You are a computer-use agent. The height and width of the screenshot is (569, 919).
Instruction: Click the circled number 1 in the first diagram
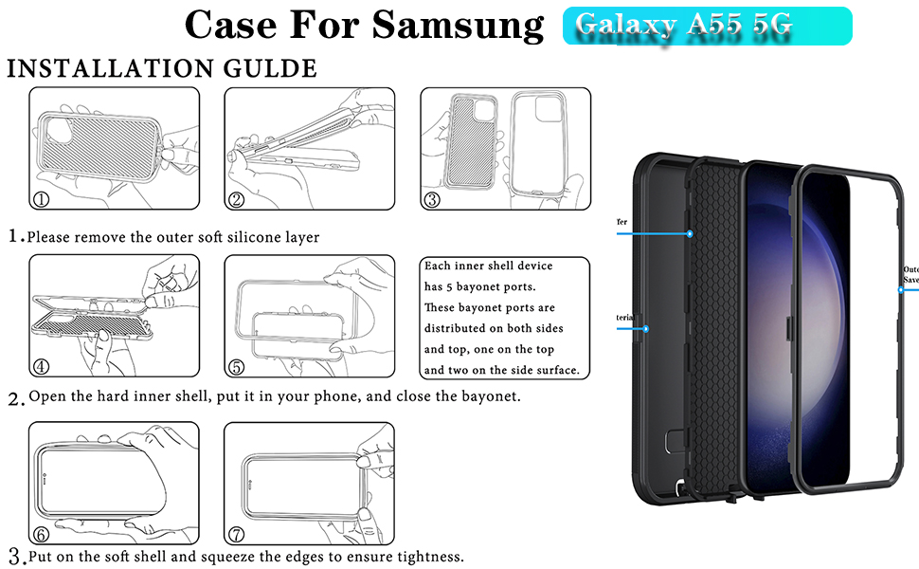pos(42,199)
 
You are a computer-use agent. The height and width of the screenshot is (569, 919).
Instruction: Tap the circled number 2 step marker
pos(237,199)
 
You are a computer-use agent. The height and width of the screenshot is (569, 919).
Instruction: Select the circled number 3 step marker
pos(432,199)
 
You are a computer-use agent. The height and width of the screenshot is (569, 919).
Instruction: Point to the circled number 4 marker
pos(42,366)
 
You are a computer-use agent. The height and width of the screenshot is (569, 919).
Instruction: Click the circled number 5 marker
pos(237,366)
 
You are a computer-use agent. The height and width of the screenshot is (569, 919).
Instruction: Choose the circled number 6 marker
pos(42,534)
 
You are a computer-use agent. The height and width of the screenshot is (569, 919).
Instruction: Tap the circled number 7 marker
pos(237,534)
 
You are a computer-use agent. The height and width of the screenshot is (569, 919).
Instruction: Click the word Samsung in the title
pos(458,25)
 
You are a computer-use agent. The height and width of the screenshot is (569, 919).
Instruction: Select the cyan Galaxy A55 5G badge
pos(707,27)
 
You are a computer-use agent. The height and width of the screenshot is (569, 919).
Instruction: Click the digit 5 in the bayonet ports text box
pos(453,286)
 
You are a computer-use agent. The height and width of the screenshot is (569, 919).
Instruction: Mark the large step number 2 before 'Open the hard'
pos(15,398)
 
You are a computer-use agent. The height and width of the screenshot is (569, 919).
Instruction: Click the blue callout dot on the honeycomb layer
pos(690,232)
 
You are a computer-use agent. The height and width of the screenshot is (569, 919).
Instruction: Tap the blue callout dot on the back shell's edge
pos(645,329)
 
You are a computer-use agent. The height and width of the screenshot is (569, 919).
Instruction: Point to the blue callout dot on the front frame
pos(900,289)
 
